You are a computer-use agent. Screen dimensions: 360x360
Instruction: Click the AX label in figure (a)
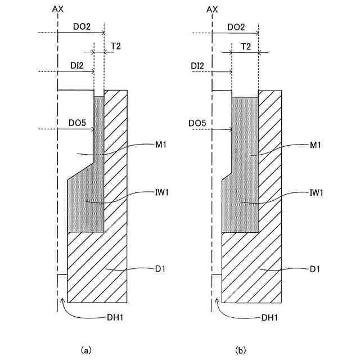tap(57, 10)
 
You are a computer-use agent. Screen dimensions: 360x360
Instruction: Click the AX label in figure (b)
tap(212, 10)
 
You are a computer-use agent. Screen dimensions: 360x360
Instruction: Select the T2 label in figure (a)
tap(115, 47)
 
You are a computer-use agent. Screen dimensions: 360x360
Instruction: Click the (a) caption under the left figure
tap(86, 350)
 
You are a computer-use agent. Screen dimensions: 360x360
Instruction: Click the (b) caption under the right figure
tap(241, 350)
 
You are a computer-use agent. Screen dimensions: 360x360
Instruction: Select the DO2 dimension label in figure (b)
tap(236, 27)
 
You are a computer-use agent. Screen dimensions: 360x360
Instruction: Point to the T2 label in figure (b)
tap(245, 47)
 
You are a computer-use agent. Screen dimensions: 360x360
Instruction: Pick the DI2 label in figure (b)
tap(198, 66)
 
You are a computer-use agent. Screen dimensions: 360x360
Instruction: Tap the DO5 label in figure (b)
tap(198, 123)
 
